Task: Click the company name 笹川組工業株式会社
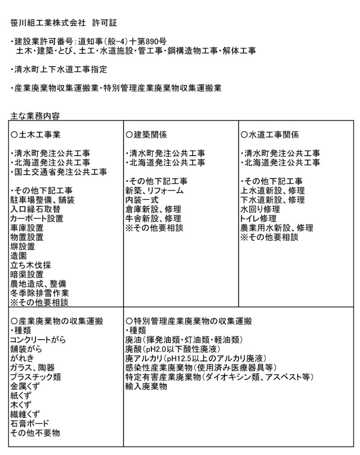[48, 22]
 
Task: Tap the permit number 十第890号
[148, 42]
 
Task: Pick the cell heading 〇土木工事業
[35, 134]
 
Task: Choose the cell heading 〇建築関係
[146, 134]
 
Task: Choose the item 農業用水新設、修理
[277, 227]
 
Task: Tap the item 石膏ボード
[29, 423]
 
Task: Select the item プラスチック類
[36, 377]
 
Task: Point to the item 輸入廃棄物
[146, 387]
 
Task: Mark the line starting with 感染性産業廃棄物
[202, 367]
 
